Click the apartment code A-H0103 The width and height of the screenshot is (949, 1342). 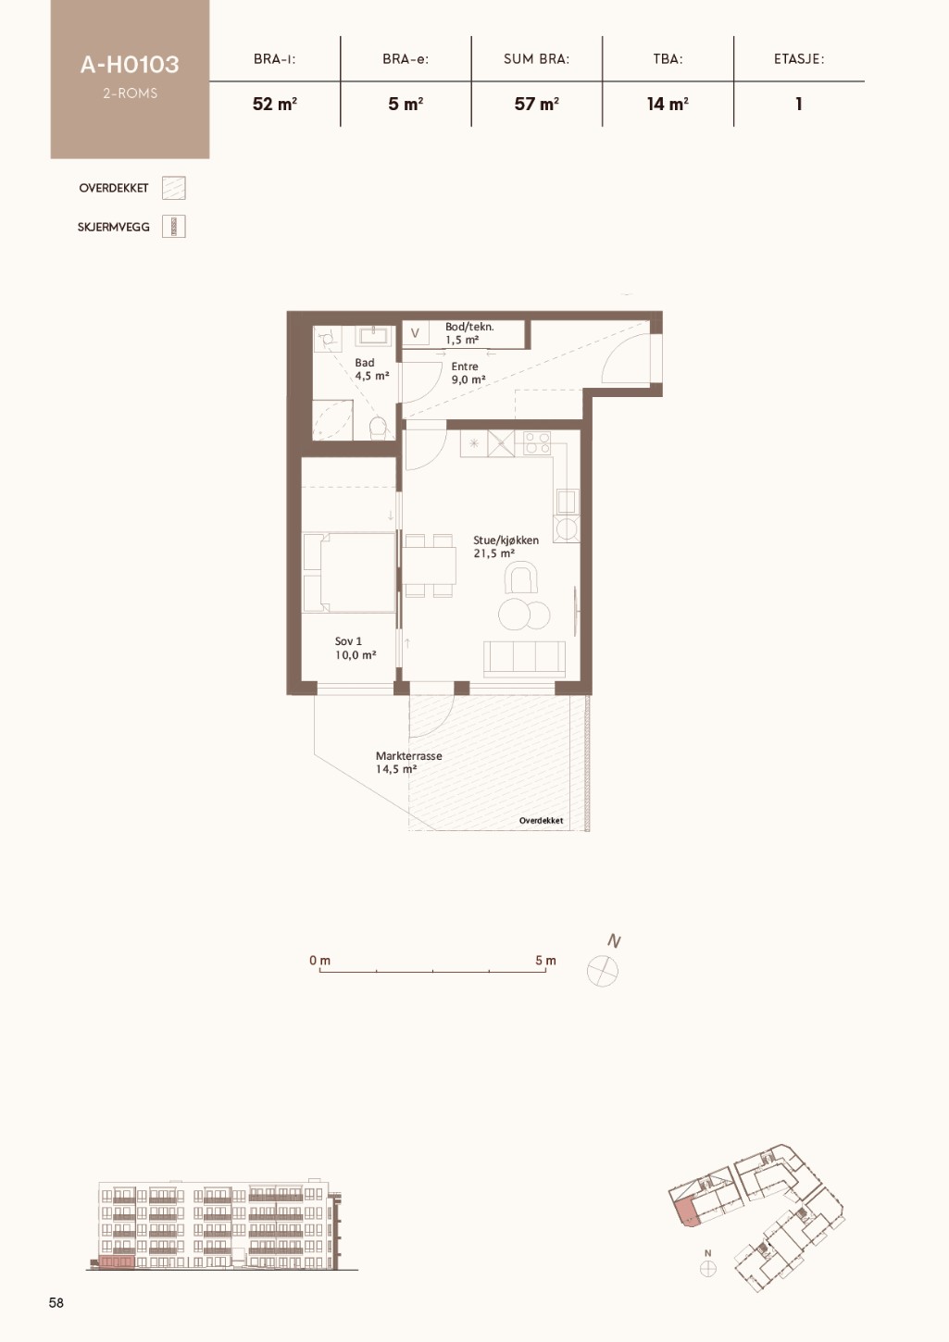130,65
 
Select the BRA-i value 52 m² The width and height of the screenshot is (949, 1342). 275,104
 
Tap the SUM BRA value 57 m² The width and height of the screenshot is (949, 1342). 537,104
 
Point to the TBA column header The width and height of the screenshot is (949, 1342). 668,58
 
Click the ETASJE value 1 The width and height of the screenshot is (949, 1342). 798,104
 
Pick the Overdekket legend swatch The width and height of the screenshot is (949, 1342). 174,188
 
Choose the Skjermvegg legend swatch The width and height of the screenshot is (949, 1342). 174,227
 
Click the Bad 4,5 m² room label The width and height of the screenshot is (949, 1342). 371,369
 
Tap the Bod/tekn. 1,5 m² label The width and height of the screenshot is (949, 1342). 469,333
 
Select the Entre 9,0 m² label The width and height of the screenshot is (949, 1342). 468,373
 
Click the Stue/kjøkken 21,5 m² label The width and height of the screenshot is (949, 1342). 506,546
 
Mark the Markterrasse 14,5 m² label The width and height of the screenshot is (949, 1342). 409,762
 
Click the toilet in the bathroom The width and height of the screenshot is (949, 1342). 379,429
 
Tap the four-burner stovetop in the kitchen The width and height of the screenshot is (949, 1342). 537,443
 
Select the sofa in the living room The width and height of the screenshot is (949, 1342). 525,660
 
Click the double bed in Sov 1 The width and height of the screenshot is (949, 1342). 349,572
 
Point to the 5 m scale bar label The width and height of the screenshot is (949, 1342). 545,961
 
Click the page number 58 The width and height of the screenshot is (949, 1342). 56,1302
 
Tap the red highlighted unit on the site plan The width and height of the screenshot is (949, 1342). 686,1212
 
